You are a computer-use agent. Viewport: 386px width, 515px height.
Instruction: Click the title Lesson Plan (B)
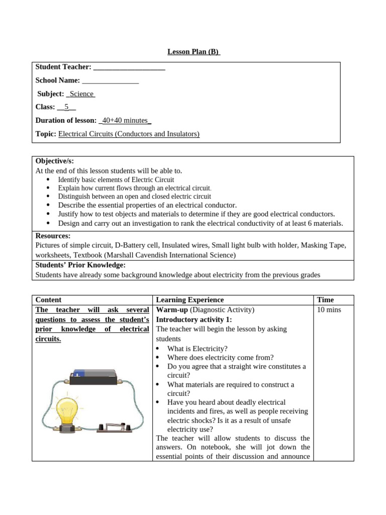tap(194, 52)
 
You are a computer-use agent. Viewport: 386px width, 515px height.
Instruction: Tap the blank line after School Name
tap(110, 80)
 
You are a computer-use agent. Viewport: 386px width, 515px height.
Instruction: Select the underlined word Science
tap(81, 94)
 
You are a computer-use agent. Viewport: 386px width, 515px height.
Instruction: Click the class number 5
tap(66, 107)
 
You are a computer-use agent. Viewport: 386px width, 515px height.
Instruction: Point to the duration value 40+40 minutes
tap(125, 120)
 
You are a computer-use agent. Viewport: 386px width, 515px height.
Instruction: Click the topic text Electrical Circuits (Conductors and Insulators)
tap(129, 134)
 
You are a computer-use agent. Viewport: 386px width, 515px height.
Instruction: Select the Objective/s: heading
tap(55, 161)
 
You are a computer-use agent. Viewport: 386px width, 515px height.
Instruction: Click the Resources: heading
tap(53, 236)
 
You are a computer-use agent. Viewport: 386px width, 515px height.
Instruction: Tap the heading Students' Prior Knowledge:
tap(80, 265)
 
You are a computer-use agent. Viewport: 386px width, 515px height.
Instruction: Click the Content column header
tap(49, 300)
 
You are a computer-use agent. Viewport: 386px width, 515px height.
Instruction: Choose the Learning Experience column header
tap(190, 300)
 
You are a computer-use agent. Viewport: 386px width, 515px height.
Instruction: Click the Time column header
tap(325, 300)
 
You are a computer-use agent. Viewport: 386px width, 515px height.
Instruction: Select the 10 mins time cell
tap(329, 310)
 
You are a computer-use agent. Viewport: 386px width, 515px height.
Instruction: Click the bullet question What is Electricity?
tap(197, 349)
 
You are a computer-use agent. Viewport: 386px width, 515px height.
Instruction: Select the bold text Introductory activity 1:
tap(194, 319)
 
